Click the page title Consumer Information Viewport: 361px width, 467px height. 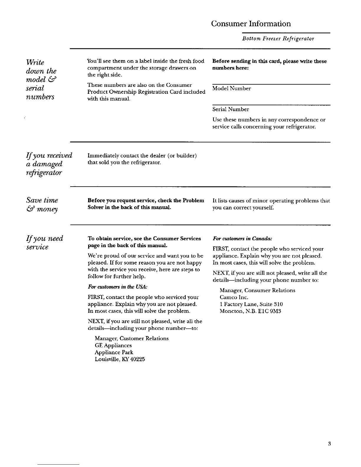[251, 24]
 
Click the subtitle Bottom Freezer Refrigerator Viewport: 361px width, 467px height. [278, 39]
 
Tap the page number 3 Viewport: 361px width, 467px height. [329, 443]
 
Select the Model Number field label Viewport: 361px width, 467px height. [232, 88]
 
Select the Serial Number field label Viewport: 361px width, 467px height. [231, 109]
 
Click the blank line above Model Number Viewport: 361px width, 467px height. [271, 84]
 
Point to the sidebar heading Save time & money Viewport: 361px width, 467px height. [42, 205]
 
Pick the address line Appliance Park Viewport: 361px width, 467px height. [114, 352]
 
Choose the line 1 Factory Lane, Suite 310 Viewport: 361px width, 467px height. [251, 304]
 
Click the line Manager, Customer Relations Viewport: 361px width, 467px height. [132, 338]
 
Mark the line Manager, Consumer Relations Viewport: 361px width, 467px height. [257, 290]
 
